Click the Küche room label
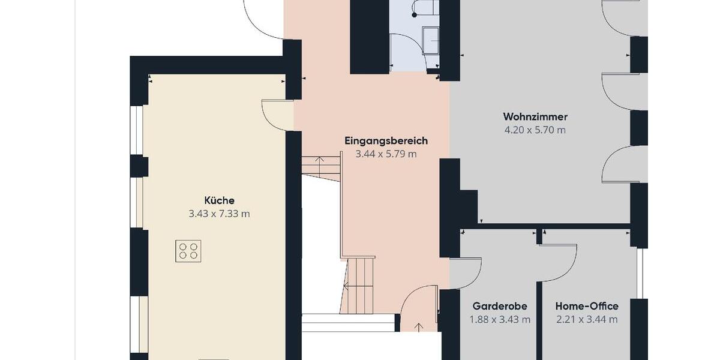(219, 200)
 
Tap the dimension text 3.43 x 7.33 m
(219, 214)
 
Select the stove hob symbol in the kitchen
(188, 251)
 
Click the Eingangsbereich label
(386, 141)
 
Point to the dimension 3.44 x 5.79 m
(386, 154)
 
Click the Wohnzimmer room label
(535, 116)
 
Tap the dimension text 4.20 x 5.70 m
(535, 130)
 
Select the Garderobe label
(500, 306)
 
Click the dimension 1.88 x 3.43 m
(500, 319)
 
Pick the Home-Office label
(587, 306)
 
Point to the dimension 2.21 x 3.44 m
(587, 319)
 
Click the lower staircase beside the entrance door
(358, 285)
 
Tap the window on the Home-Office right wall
(640, 273)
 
